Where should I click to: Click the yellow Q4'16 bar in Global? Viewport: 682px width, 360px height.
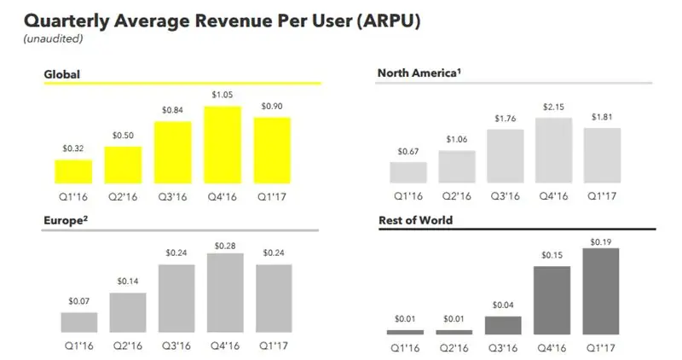pyautogui.click(x=222, y=145)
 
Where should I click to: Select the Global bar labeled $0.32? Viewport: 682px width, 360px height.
pyautogui.click(x=72, y=171)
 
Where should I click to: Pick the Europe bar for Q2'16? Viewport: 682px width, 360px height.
pyautogui.click(x=127, y=312)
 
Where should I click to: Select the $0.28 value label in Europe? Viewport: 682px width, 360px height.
pyautogui.click(x=224, y=246)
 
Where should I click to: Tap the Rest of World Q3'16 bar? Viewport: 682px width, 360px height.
pyautogui.click(x=503, y=325)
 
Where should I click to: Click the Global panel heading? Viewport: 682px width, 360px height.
pyautogui.click(x=61, y=75)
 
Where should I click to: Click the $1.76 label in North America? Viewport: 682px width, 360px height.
pyautogui.click(x=505, y=119)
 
